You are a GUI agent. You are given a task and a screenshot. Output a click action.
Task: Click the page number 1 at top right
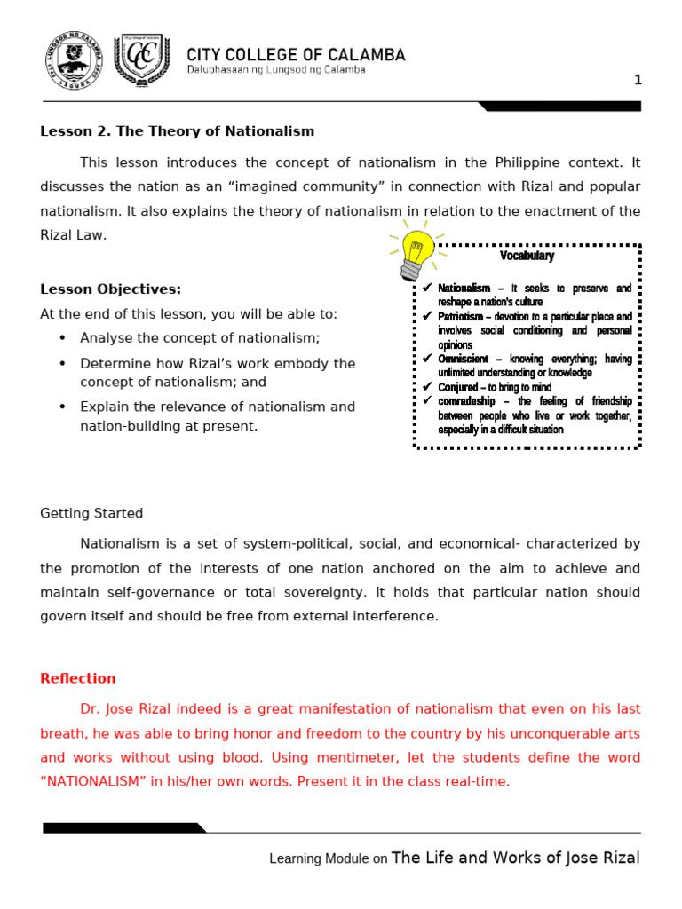637,80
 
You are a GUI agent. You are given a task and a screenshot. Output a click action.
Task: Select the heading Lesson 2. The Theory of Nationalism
178,131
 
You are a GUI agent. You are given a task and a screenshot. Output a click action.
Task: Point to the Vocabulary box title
527,256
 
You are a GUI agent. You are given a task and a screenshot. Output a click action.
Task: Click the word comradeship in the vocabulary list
467,401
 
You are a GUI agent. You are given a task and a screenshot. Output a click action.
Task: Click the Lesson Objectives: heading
110,289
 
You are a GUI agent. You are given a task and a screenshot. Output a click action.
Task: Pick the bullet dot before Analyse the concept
62,338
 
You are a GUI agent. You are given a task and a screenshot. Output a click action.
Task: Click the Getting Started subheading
91,513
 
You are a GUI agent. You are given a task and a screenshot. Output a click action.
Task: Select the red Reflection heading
78,678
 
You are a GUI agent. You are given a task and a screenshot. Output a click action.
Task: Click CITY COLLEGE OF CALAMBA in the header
295,55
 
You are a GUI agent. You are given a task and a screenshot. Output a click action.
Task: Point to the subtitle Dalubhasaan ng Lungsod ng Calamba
275,71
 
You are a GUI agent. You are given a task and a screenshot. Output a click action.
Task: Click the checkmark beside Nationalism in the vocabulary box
427,289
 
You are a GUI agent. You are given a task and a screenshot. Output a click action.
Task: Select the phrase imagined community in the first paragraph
304,186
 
